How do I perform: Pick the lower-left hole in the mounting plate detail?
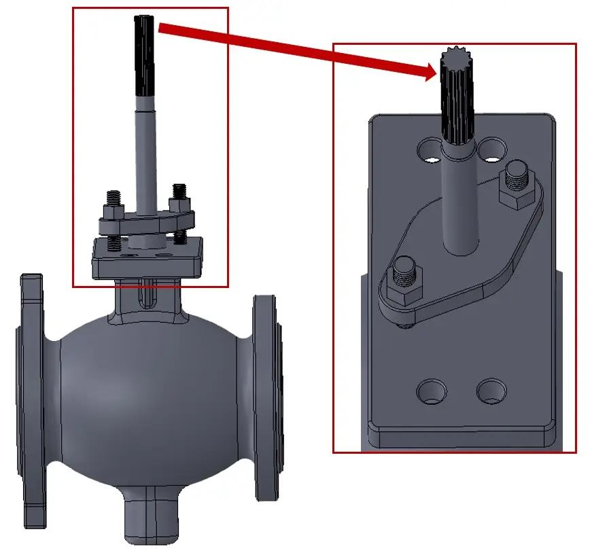[432, 391]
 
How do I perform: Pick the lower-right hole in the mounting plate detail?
[491, 391]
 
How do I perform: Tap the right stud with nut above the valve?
[180, 199]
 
